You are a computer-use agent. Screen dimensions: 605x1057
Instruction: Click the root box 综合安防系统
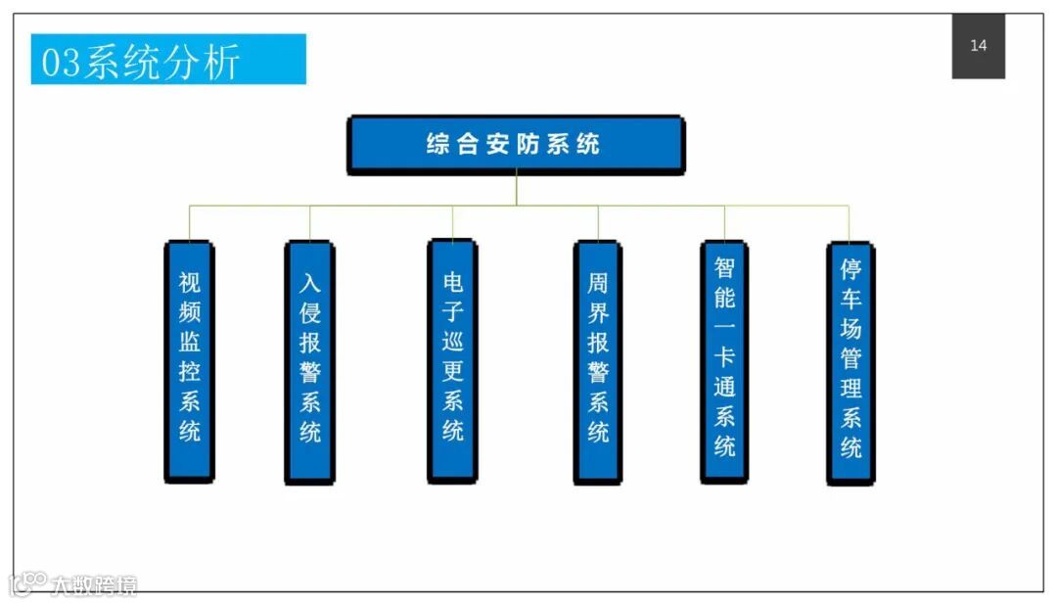(x=516, y=145)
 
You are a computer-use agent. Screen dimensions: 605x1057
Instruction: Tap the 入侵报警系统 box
(x=309, y=361)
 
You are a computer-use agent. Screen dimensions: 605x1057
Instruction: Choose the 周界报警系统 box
(x=597, y=361)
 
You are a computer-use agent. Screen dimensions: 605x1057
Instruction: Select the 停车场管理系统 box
(x=850, y=361)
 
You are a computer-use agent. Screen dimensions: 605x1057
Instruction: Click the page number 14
(x=978, y=46)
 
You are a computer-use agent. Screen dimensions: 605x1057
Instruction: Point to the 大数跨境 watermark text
(x=95, y=585)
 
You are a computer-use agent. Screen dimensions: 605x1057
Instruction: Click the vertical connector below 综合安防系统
(x=516, y=190)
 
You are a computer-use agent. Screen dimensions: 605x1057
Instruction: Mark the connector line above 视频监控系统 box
(x=189, y=222)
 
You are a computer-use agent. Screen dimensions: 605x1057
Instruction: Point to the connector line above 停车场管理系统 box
(x=849, y=222)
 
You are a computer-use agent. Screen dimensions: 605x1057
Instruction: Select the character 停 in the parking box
(x=850, y=269)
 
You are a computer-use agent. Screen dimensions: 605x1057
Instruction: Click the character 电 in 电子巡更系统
(x=452, y=283)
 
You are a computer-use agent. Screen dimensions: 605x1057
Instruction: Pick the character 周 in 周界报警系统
(x=597, y=284)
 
